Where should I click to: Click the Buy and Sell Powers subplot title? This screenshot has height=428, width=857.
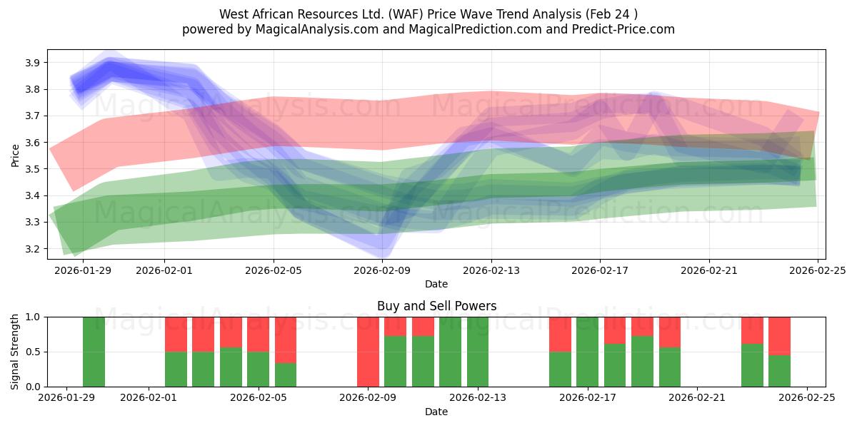point(436,306)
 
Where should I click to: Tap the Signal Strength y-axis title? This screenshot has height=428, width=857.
point(15,352)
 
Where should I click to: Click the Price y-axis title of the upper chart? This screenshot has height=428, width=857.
point(15,155)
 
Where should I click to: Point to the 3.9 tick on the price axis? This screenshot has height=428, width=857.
point(31,63)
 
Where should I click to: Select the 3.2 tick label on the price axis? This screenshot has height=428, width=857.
point(31,249)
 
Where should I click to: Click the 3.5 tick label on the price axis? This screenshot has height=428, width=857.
point(31,169)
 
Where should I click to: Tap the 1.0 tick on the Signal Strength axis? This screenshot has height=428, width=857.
point(31,317)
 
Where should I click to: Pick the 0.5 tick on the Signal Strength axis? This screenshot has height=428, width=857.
point(31,352)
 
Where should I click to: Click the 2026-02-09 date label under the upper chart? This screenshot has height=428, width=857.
point(382,270)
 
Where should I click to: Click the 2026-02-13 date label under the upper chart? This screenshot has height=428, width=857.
point(491,270)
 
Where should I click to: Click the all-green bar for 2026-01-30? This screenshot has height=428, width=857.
point(94,352)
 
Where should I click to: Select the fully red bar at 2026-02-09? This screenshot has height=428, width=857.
point(368,352)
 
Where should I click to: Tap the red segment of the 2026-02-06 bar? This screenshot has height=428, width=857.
point(286,340)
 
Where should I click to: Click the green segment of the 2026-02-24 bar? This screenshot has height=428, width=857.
point(779,371)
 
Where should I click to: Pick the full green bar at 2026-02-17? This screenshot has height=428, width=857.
point(587,352)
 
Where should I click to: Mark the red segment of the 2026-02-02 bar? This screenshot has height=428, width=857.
point(176,334)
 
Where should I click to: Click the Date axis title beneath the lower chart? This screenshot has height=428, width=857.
point(436,412)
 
